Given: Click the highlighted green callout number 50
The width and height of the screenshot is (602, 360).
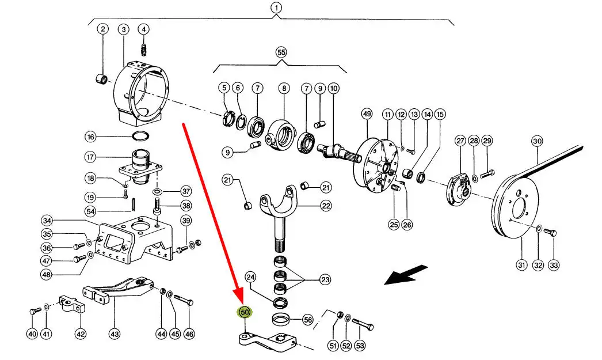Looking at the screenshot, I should pyautogui.click(x=245, y=313).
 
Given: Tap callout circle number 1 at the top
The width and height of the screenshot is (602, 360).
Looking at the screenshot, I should pyautogui.click(x=276, y=8).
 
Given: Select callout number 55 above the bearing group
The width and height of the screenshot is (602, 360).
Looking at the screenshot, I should pyautogui.click(x=281, y=52).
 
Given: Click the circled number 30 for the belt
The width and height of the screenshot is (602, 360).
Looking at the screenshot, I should pyautogui.click(x=536, y=141).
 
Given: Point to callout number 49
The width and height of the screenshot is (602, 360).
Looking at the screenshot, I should pyautogui.click(x=367, y=114).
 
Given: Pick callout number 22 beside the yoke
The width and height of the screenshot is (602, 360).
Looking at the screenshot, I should pyautogui.click(x=326, y=206).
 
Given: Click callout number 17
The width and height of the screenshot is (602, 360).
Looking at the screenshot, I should pyautogui.click(x=90, y=157).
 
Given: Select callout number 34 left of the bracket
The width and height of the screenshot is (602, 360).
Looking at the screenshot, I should pyautogui.click(x=47, y=221).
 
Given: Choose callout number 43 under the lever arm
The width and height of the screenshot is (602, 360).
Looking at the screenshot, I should pyautogui.click(x=115, y=334).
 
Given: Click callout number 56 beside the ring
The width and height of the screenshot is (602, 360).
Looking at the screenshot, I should pyautogui.click(x=307, y=320).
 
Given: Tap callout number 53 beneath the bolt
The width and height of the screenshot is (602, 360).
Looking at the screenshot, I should pyautogui.click(x=360, y=346).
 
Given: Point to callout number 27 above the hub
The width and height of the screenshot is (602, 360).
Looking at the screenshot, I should pyautogui.click(x=460, y=141).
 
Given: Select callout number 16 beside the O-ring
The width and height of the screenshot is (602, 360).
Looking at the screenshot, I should pyautogui.click(x=90, y=137).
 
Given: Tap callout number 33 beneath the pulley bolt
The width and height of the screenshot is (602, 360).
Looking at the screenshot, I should pyautogui.click(x=554, y=266).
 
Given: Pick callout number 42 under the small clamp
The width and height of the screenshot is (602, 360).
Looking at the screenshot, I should pyautogui.click(x=81, y=334).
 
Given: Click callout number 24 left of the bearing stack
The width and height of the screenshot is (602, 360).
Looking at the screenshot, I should pyautogui.click(x=250, y=277).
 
